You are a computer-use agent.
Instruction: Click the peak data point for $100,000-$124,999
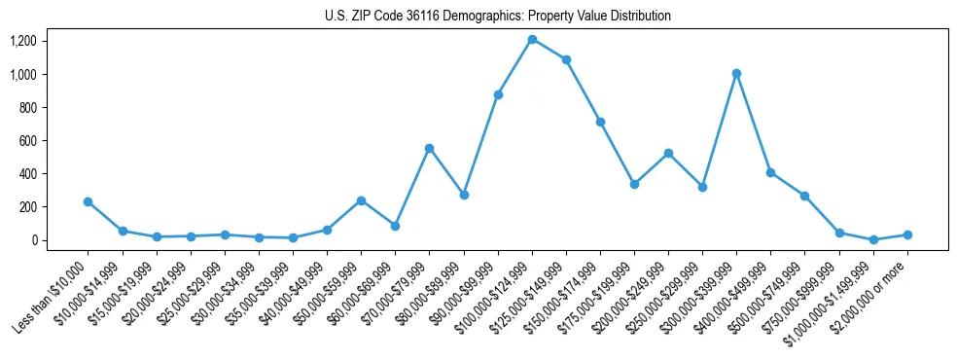coord(532,40)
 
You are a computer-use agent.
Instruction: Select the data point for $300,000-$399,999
coord(737,73)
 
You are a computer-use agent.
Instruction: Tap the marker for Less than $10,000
coord(89,201)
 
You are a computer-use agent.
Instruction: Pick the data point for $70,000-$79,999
coord(429,148)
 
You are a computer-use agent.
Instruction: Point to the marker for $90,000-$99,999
coord(498,94)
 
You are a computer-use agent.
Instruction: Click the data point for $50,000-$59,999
coord(361,200)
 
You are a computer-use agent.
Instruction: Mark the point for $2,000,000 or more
coord(907,234)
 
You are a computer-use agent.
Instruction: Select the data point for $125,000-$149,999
coord(566,59)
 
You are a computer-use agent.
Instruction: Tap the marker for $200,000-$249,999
coord(668,153)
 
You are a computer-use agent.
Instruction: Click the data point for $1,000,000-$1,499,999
coord(873,239)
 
